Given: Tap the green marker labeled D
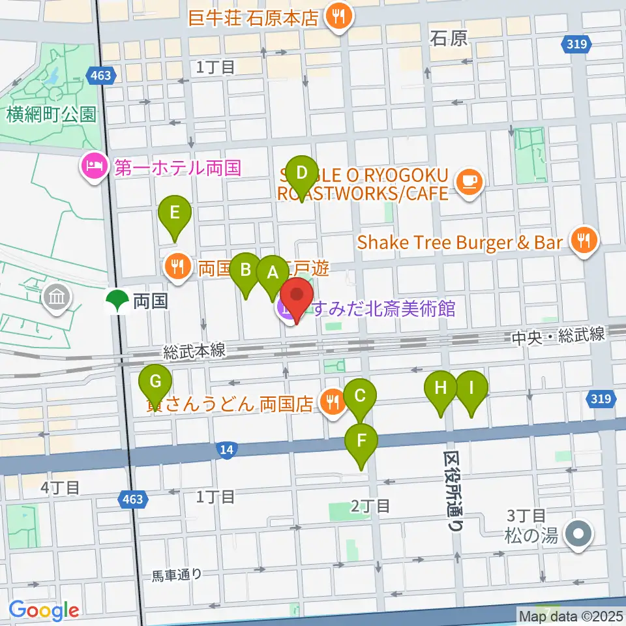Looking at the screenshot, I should [302, 174].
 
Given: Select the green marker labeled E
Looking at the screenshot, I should [175, 213].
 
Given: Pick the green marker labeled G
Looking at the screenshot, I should [155, 382].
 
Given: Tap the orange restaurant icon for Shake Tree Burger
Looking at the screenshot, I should [584, 242].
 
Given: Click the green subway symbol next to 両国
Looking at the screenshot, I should [117, 301].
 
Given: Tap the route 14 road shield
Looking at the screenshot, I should [226, 449].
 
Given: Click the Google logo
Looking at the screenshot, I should [44, 610].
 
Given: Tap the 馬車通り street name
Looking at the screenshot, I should [177, 575].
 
